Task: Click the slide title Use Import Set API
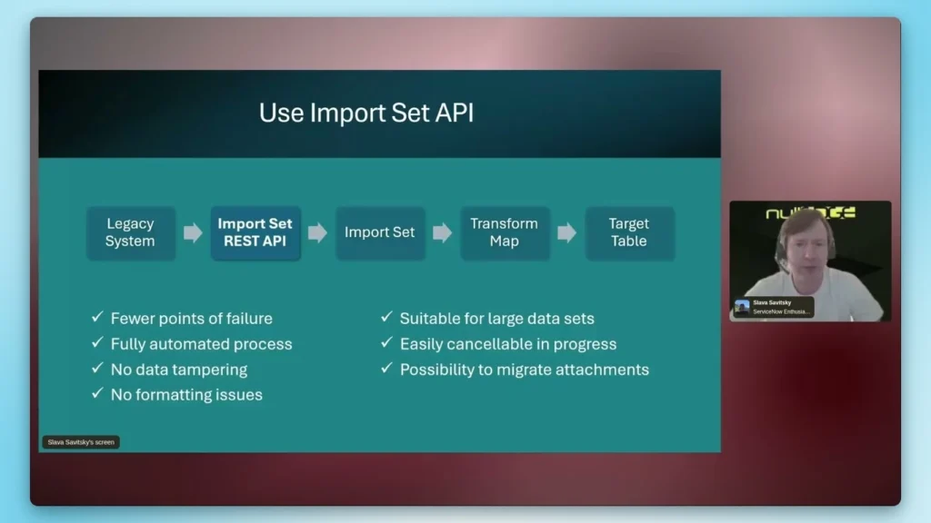tap(365, 113)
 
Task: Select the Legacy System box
tap(130, 232)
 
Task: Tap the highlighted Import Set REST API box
tap(255, 232)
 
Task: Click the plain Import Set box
tap(379, 232)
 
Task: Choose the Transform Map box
tap(504, 232)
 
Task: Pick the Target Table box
tap(629, 232)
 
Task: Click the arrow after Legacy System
tap(193, 232)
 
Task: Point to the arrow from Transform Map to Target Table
tap(566, 232)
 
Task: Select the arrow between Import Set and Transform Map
tap(442, 232)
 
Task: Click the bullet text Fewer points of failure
tap(191, 319)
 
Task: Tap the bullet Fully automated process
tap(201, 344)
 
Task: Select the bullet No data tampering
tap(178, 370)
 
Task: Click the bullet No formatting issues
tap(186, 395)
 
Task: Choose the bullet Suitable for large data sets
tap(496, 319)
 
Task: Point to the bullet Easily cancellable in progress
tap(507, 344)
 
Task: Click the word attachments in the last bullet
tap(606, 370)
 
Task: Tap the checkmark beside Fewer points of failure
tap(97, 318)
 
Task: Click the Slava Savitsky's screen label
tap(81, 442)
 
